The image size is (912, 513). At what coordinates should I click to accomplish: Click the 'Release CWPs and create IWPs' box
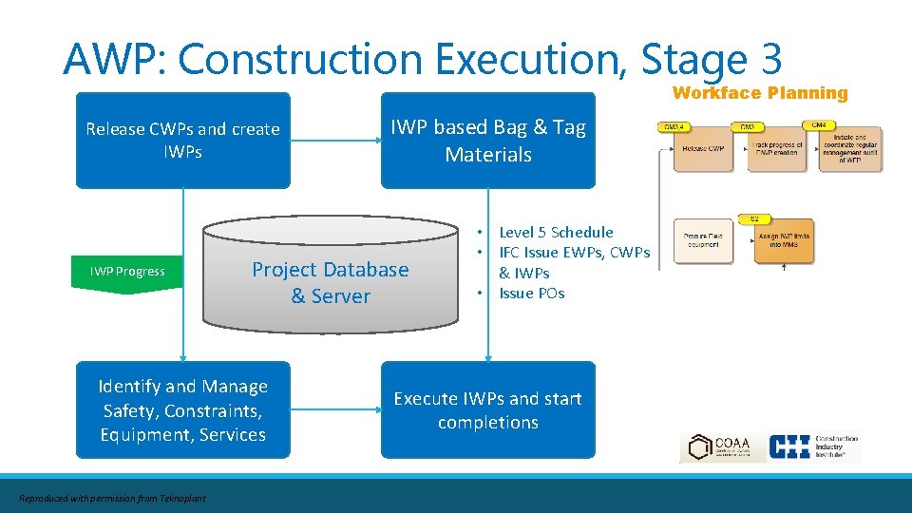tap(183, 141)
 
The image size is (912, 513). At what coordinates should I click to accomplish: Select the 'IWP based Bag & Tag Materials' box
tap(488, 141)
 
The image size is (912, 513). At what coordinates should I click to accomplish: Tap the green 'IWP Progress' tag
tap(127, 273)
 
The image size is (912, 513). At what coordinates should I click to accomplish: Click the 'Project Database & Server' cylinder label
tap(330, 283)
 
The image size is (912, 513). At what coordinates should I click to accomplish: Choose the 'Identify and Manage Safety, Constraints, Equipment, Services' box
tap(183, 410)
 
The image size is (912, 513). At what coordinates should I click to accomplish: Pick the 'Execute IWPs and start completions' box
tap(488, 410)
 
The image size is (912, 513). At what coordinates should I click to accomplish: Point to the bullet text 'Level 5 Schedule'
tap(556, 232)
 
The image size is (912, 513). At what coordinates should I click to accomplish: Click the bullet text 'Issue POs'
tap(531, 294)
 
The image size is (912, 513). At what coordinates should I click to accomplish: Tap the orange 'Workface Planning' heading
tap(759, 93)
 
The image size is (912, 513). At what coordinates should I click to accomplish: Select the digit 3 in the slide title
tap(770, 59)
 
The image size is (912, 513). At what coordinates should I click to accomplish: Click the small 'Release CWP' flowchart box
tap(703, 149)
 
